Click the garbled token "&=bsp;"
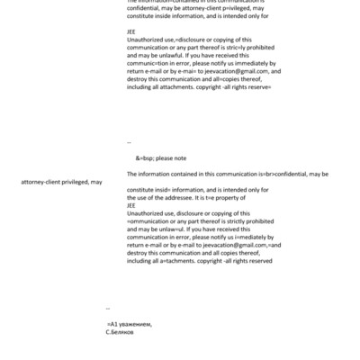145,157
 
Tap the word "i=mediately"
227,237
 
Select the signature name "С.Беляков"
121,332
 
